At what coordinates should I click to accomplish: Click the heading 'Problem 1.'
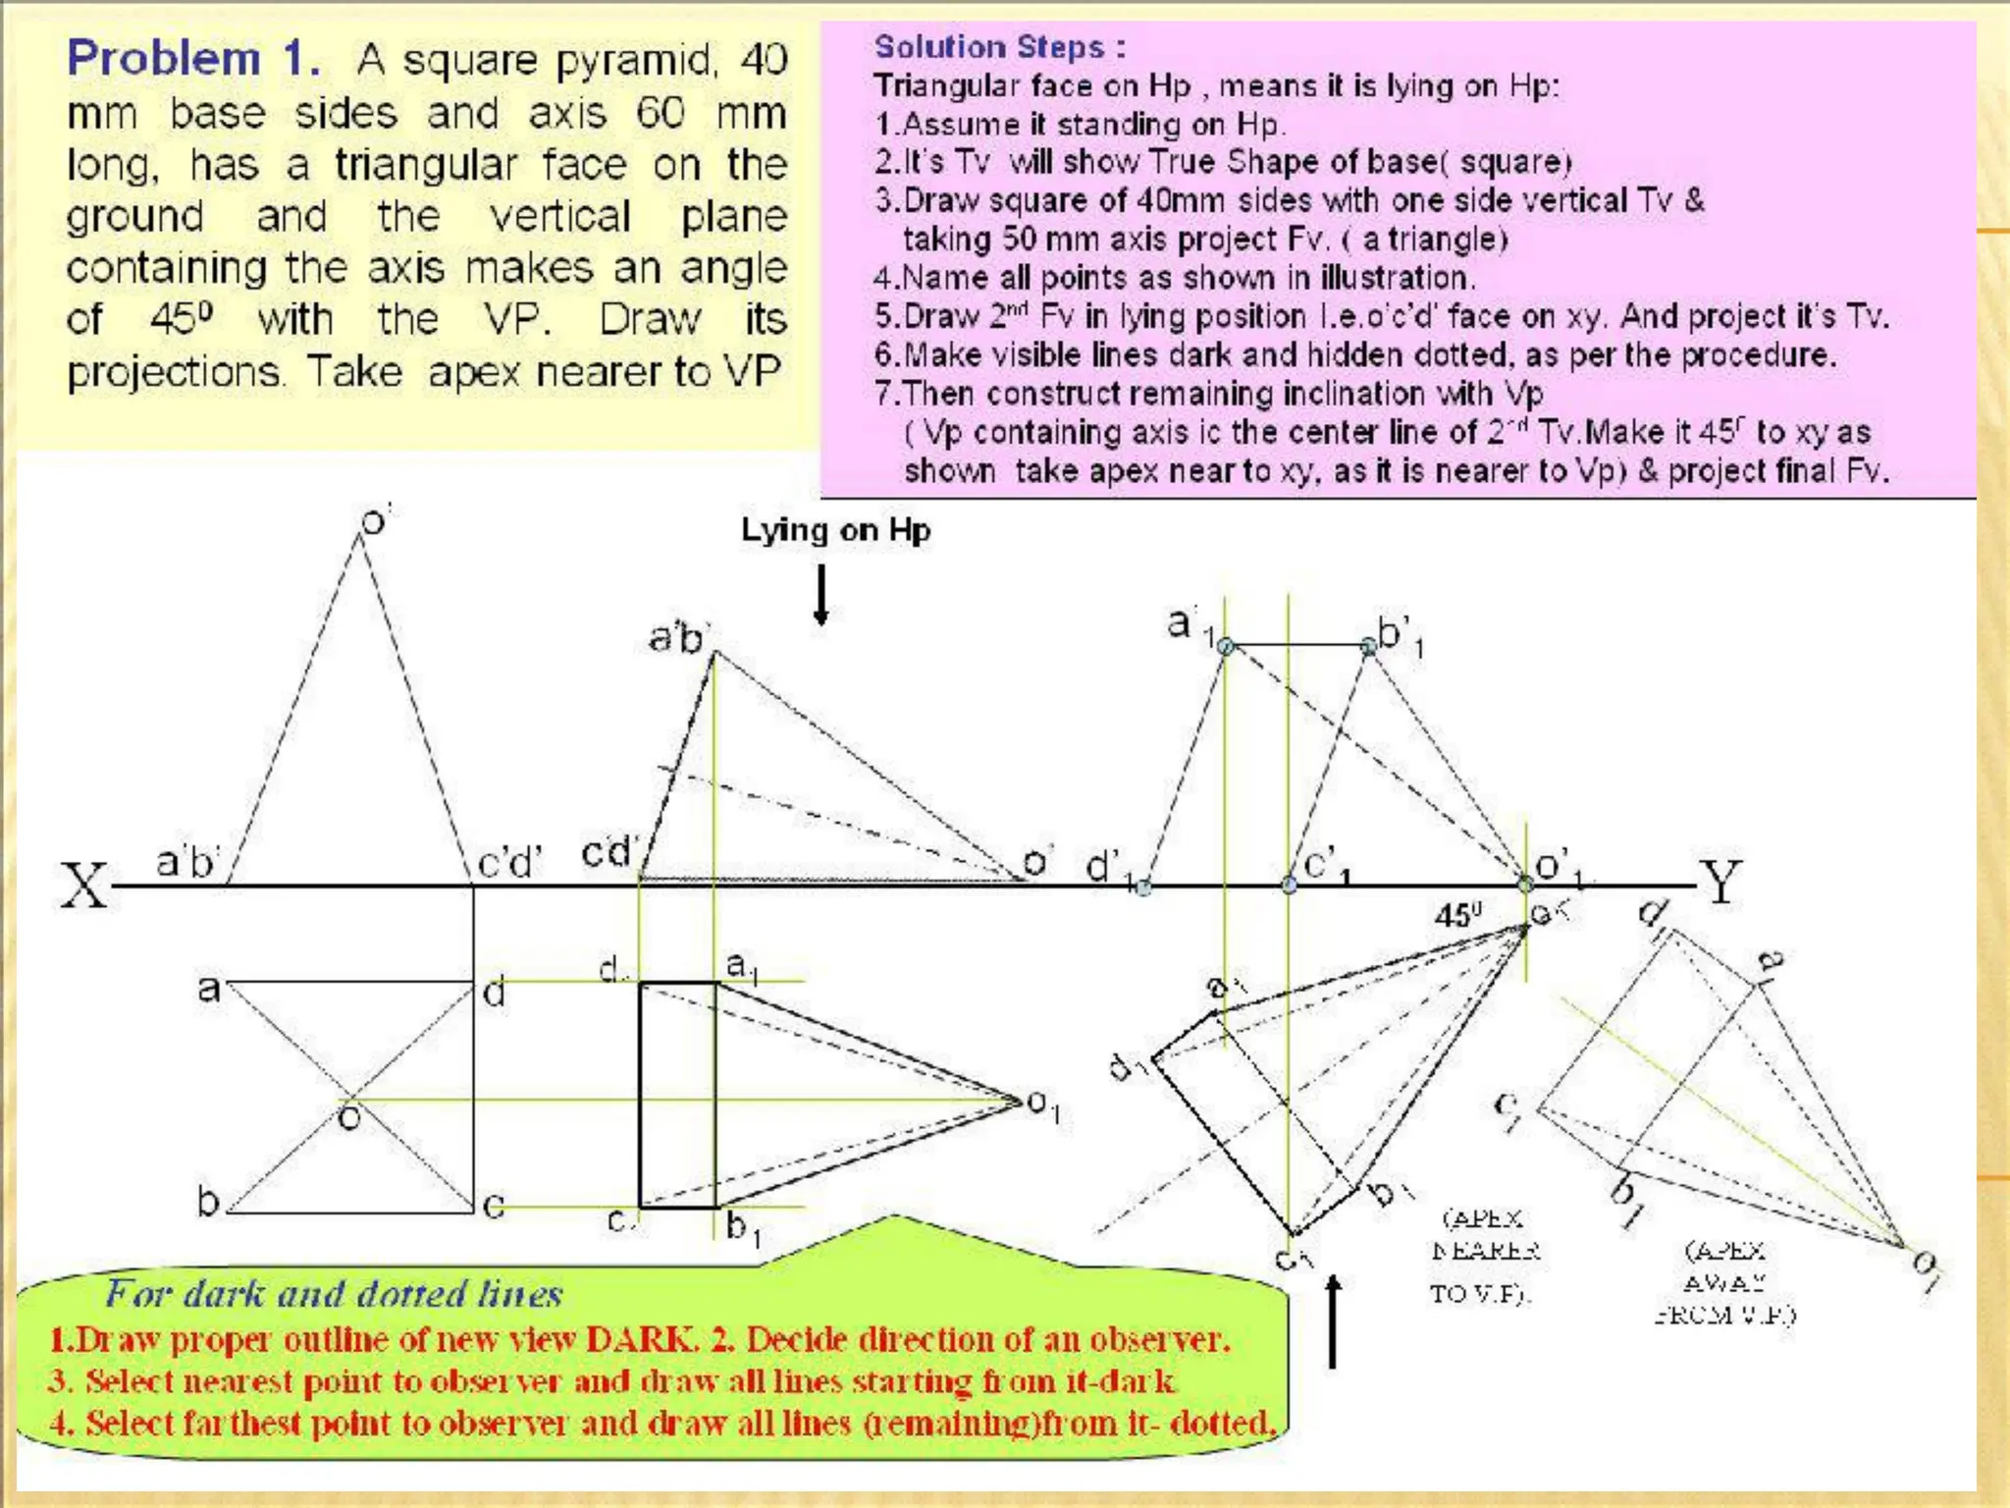click(x=192, y=59)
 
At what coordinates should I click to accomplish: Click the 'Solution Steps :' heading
click(x=999, y=47)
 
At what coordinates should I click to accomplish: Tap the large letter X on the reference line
click(x=83, y=886)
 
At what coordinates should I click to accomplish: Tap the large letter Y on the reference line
click(x=1720, y=882)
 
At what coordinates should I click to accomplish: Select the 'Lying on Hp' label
click(x=835, y=530)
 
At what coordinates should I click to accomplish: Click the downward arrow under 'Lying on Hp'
click(x=821, y=595)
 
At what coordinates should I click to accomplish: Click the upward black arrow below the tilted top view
click(x=1332, y=1321)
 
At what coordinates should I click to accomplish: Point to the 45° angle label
click(x=1457, y=916)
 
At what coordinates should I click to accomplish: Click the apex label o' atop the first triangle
click(x=375, y=520)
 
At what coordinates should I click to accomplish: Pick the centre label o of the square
click(x=348, y=1117)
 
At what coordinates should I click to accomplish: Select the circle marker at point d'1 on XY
click(x=1143, y=888)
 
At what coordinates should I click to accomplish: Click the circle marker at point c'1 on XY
click(x=1289, y=886)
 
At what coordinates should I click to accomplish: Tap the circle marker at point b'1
click(x=1368, y=645)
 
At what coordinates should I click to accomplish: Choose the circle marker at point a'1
click(x=1225, y=645)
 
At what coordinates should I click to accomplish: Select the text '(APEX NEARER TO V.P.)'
click(x=1484, y=1256)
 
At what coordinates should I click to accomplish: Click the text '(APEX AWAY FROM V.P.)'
click(x=1724, y=1282)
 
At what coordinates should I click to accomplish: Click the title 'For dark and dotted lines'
click(x=334, y=1294)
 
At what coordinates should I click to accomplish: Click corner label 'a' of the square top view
click(x=208, y=987)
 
